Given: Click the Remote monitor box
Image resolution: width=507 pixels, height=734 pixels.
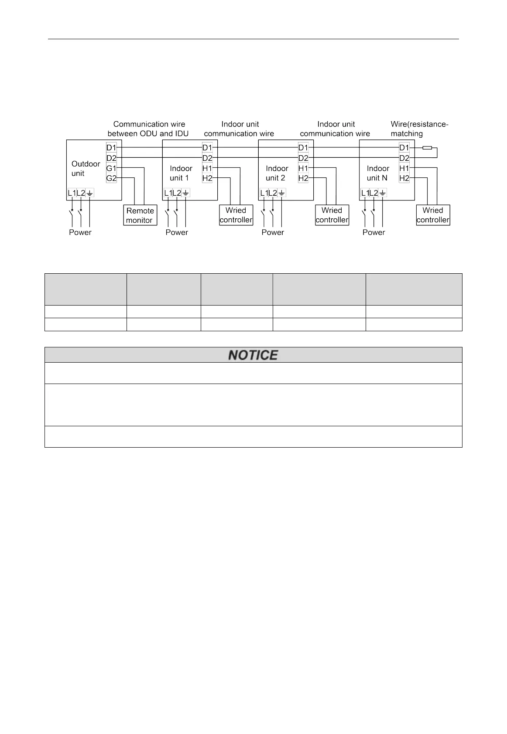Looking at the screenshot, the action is (x=140, y=215).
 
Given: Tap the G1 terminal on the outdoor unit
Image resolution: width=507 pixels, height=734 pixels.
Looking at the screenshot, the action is (x=111, y=168).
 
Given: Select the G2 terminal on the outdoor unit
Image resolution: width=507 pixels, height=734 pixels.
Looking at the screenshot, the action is (x=111, y=178).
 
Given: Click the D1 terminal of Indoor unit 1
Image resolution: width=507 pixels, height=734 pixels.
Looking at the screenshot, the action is (x=207, y=148).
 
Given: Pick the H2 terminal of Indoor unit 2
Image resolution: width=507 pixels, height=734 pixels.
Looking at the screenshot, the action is (x=303, y=178).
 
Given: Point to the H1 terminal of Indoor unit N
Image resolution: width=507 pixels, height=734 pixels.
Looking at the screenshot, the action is (x=404, y=168).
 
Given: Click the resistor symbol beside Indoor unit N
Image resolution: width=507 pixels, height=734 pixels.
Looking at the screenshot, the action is (x=428, y=148).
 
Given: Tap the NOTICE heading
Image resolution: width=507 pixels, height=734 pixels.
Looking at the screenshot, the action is (x=253, y=355).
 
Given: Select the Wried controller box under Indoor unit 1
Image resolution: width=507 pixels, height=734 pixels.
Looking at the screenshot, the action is (x=236, y=215).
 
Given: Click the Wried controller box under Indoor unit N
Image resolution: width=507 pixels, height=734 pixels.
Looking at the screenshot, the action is (x=433, y=215).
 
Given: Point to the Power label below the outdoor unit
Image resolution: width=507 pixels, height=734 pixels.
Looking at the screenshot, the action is (x=80, y=232).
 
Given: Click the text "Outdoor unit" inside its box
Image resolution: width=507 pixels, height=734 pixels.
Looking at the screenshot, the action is (x=86, y=169).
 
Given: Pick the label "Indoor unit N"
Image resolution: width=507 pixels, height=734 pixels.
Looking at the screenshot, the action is (x=378, y=173).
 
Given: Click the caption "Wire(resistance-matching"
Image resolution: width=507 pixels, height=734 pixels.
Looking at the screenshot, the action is (x=419, y=129).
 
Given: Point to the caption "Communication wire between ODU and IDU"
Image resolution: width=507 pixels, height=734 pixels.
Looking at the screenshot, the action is (x=148, y=129).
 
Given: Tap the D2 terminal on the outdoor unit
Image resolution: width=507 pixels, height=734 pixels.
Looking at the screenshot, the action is (x=111, y=158).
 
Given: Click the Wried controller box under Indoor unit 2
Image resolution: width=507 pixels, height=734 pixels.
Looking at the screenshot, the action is (x=332, y=215).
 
